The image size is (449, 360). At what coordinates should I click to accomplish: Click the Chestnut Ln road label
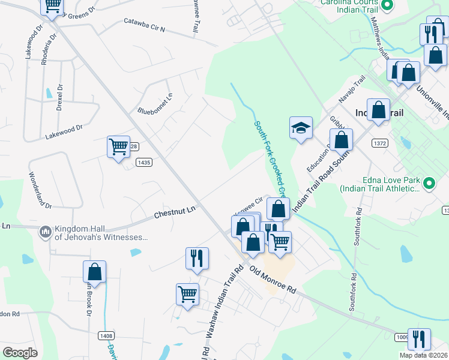pyautogui.click(x=175, y=212)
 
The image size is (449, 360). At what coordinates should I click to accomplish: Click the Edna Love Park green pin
pyautogui.click(x=429, y=182)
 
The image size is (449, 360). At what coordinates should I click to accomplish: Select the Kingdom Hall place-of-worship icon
pyautogui.click(x=45, y=232)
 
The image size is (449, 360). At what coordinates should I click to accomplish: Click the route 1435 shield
pyautogui.click(x=143, y=162)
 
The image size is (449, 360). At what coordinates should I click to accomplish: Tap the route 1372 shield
pyautogui.click(x=379, y=143)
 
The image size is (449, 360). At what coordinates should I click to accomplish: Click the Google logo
pyautogui.click(x=20, y=353)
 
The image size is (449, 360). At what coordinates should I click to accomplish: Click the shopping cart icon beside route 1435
pyautogui.click(x=118, y=145)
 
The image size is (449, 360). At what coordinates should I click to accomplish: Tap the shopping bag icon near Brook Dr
pyautogui.click(x=94, y=271)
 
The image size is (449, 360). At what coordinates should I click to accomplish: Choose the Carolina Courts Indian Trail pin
pyautogui.click(x=387, y=5)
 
